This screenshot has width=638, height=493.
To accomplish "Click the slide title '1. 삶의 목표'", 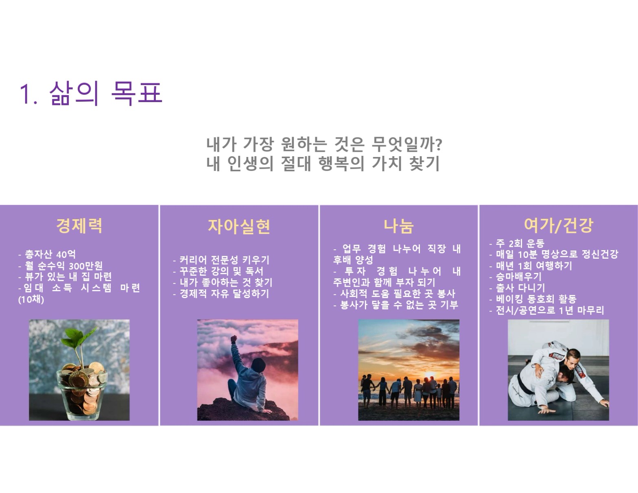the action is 91,93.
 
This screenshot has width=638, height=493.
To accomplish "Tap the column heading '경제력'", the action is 79,226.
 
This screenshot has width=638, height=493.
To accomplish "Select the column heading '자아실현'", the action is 239,227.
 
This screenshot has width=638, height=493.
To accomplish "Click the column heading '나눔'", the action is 398,226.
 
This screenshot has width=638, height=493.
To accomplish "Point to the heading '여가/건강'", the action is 558,225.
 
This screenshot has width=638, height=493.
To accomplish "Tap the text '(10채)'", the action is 31,300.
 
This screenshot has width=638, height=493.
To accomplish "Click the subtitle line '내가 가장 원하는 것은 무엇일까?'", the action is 324,144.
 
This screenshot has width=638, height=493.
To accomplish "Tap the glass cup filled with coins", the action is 82,390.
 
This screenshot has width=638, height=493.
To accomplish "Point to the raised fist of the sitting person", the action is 234,339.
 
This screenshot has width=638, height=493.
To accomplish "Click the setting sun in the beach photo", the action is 430,375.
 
